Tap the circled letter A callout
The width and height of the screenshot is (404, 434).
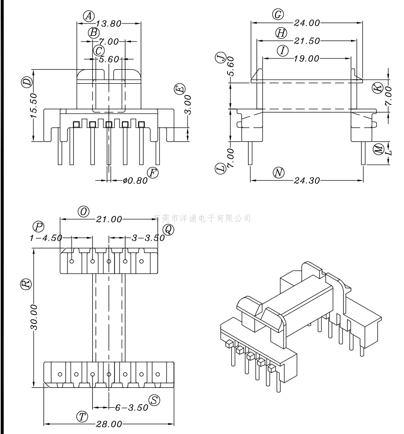(x=89, y=16)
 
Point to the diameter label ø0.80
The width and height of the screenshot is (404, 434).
(x=135, y=181)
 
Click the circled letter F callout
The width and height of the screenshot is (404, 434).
(x=153, y=172)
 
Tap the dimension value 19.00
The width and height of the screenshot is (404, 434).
(x=307, y=58)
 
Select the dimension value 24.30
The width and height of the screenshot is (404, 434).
(x=307, y=181)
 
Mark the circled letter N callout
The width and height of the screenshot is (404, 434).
(x=279, y=172)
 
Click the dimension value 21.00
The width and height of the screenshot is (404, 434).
(x=109, y=219)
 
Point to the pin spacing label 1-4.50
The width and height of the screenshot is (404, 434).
(x=46, y=238)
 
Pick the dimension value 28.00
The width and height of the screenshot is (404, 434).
(x=109, y=424)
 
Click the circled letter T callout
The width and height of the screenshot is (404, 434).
(x=82, y=417)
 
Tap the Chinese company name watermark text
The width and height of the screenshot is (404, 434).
(x=202, y=218)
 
